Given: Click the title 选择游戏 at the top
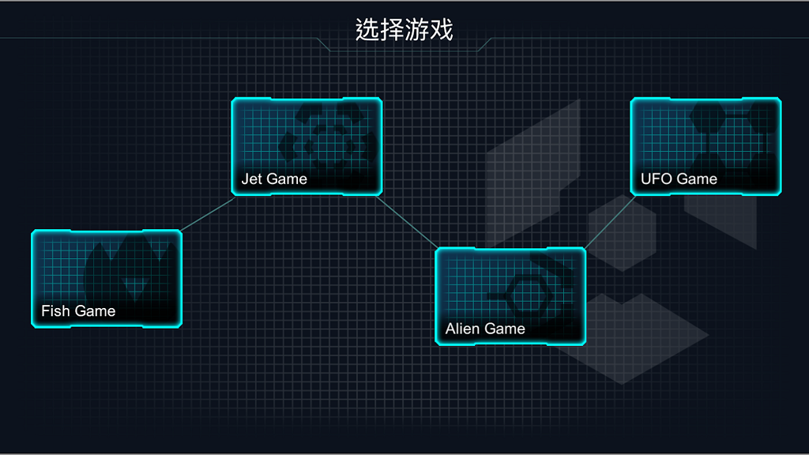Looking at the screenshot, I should [404, 31].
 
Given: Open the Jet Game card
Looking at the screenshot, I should [307, 146].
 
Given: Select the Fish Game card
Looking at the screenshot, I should [107, 278].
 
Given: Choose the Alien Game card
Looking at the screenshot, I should [510, 296].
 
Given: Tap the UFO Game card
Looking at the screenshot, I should [706, 146].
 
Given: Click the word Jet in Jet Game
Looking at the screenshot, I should [251, 179].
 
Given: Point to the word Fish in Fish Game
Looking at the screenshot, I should [55, 311].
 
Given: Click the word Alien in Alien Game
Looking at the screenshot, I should [461, 329].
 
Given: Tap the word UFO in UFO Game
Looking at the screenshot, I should [656, 179].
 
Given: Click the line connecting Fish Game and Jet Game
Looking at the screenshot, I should [207, 215].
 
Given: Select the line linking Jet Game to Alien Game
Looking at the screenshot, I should [408, 222].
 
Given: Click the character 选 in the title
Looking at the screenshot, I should [367, 31].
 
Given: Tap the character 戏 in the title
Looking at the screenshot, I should [441, 31].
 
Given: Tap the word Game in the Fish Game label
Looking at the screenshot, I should [95, 311].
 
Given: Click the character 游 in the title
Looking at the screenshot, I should [416, 31].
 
